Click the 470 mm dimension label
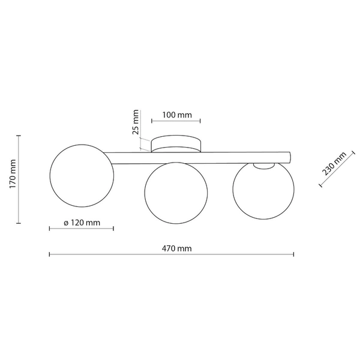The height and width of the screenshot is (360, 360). click(x=176, y=248)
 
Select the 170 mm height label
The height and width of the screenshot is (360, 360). click(x=13, y=174)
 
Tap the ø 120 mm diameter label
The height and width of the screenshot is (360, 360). click(x=82, y=223)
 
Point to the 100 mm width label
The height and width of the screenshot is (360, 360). click(x=177, y=115)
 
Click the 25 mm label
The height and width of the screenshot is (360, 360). click(x=136, y=122)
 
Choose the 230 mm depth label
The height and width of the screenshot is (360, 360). click(x=334, y=163)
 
